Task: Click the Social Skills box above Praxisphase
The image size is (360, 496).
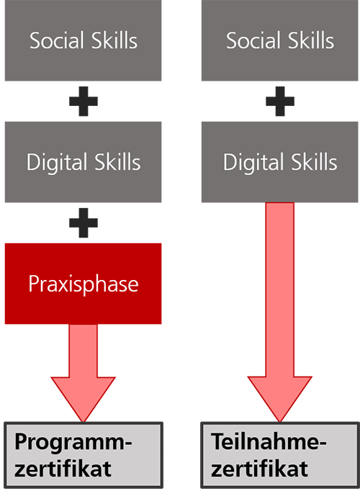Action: point(84,40)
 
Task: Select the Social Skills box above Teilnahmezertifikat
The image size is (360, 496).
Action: point(279,40)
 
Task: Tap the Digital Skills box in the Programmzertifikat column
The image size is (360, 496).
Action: point(84,162)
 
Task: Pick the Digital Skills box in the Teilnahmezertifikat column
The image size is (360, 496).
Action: point(279,162)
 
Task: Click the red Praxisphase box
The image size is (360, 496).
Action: point(84,284)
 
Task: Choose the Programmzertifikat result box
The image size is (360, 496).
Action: point(84,455)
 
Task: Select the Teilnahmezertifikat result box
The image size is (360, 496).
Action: point(280,455)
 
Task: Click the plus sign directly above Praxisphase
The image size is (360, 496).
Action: point(84,222)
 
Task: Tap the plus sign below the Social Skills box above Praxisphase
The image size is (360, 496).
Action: point(84,102)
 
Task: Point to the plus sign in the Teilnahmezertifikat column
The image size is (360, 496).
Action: point(280,102)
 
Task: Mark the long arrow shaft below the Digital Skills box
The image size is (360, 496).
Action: point(280,289)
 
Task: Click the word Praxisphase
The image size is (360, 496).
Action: point(84,284)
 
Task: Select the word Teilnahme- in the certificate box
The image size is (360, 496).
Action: point(269,441)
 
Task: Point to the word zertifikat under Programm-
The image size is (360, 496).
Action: point(63,469)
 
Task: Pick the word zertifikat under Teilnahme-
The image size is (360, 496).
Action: point(259,469)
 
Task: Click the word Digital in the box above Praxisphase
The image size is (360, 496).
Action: point(57,163)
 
